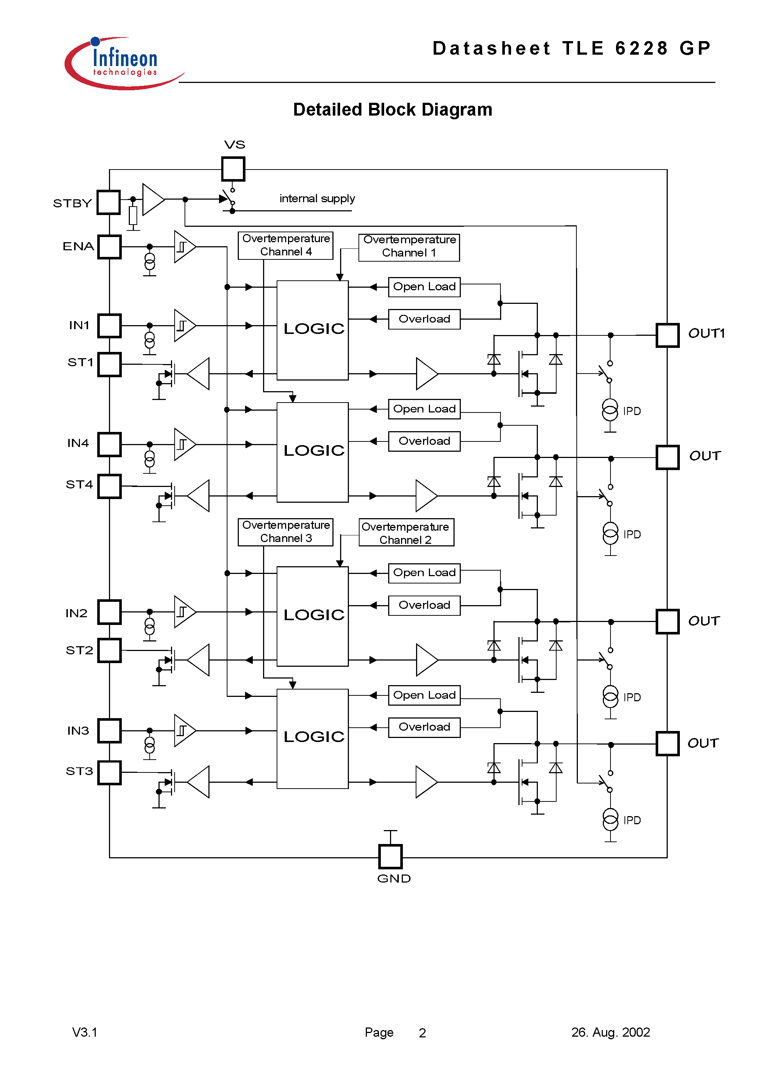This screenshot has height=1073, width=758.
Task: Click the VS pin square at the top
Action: (x=233, y=169)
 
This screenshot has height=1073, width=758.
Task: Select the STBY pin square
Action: (x=109, y=202)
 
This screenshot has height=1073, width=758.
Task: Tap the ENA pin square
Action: (x=110, y=247)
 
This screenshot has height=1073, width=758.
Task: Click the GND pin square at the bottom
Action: (x=390, y=856)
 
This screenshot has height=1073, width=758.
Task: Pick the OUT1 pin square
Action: (x=667, y=335)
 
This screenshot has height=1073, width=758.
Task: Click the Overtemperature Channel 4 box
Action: (x=285, y=245)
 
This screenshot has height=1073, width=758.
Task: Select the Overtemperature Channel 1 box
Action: (x=409, y=247)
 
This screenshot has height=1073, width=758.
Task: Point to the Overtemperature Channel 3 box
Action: (x=285, y=532)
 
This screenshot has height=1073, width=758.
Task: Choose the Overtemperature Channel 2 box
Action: (x=406, y=533)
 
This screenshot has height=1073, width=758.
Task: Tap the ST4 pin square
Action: (x=110, y=487)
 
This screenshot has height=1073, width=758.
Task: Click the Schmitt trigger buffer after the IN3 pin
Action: (x=184, y=731)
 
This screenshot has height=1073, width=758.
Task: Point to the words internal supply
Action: (x=317, y=199)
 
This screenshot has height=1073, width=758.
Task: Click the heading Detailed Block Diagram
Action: (x=392, y=110)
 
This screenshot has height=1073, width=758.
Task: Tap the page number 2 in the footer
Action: (x=422, y=1033)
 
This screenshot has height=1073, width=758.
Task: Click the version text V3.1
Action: (x=85, y=1032)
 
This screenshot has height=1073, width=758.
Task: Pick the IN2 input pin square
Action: (x=110, y=612)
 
